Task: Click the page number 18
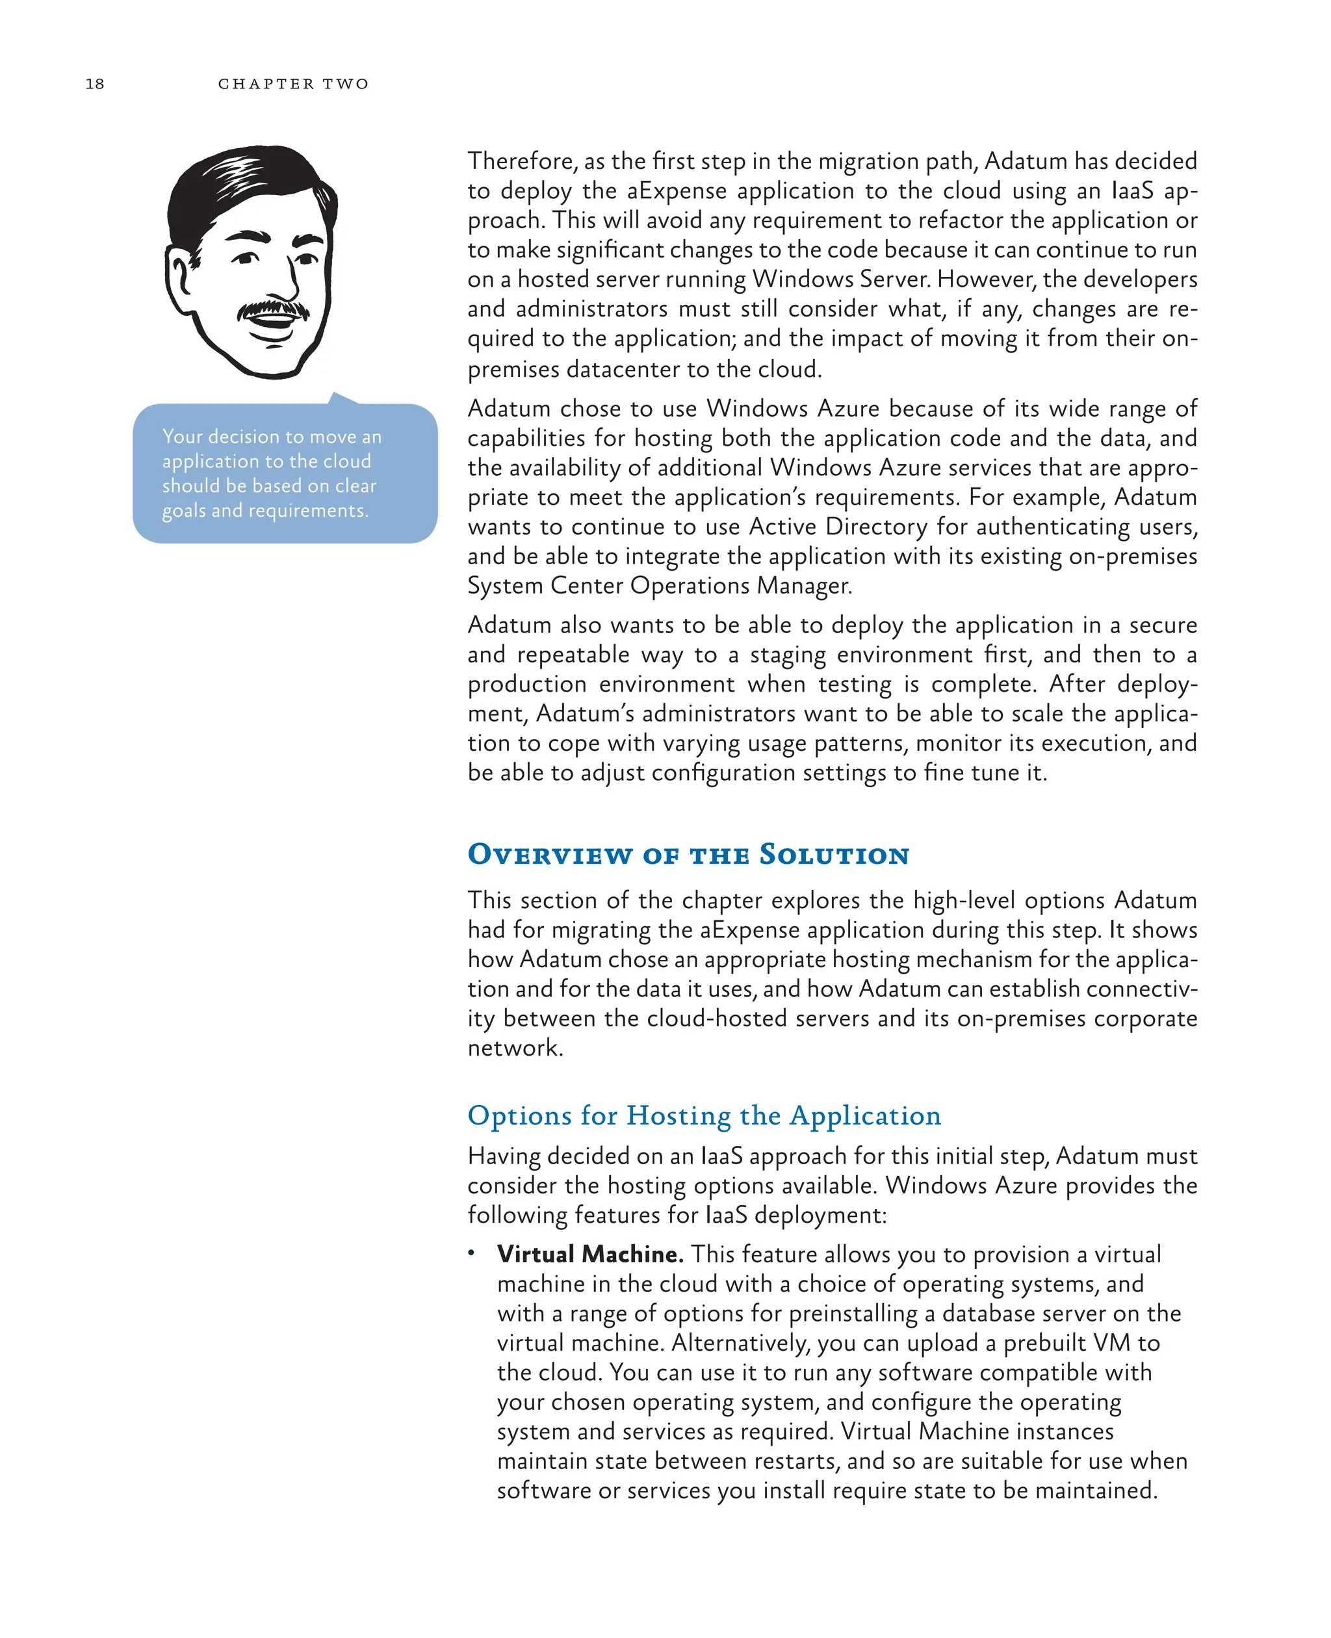tap(94, 84)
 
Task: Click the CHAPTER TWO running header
tap(293, 84)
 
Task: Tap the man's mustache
tap(272, 309)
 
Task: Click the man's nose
tap(281, 284)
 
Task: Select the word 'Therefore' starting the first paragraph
tap(521, 161)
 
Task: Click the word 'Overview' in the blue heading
tap(550, 854)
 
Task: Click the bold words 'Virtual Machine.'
tap(589, 1254)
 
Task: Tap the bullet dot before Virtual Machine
tap(472, 1253)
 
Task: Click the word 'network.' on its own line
tap(515, 1048)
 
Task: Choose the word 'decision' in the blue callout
tap(244, 436)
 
